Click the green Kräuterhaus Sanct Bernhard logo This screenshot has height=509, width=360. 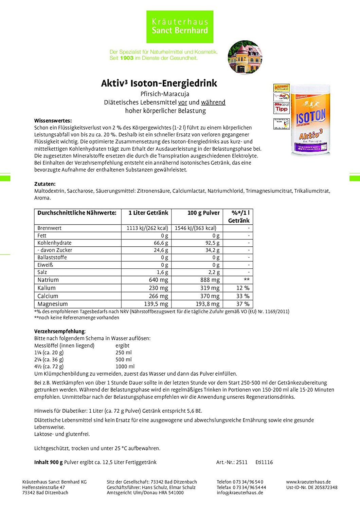[x=180, y=27]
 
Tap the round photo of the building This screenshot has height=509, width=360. [x=245, y=57]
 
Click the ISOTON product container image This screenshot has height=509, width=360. [x=310, y=120]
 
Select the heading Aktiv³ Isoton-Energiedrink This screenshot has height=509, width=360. [x=159, y=83]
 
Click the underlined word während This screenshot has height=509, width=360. [x=213, y=102]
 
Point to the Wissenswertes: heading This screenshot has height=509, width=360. [x=53, y=120]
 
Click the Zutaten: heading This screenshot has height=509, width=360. [x=45, y=184]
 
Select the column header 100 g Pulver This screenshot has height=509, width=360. [x=203, y=213]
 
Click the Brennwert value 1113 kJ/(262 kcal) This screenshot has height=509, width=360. [x=147, y=228]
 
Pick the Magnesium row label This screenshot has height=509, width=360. [x=53, y=304]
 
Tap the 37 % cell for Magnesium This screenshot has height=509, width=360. [x=242, y=304]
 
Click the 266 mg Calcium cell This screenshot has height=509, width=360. [x=158, y=296]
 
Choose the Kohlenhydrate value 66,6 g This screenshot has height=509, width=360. [x=161, y=243]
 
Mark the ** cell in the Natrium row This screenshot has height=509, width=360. [x=246, y=280]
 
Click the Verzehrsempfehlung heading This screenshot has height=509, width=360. [x=59, y=331]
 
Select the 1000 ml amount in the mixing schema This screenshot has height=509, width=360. [x=125, y=366]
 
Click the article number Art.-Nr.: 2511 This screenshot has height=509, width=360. [x=232, y=462]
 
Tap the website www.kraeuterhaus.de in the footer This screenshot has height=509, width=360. [x=308, y=482]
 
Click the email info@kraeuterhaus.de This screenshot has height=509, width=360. [x=240, y=493]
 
